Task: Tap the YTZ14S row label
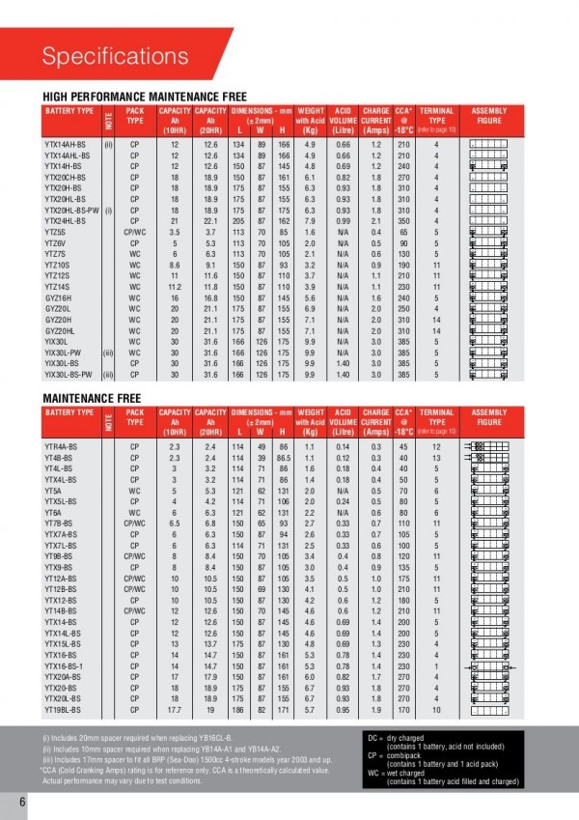point(60,288)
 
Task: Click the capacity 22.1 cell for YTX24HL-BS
point(206,221)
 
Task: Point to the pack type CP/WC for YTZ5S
point(135,233)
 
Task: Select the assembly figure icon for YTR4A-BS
point(491,446)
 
